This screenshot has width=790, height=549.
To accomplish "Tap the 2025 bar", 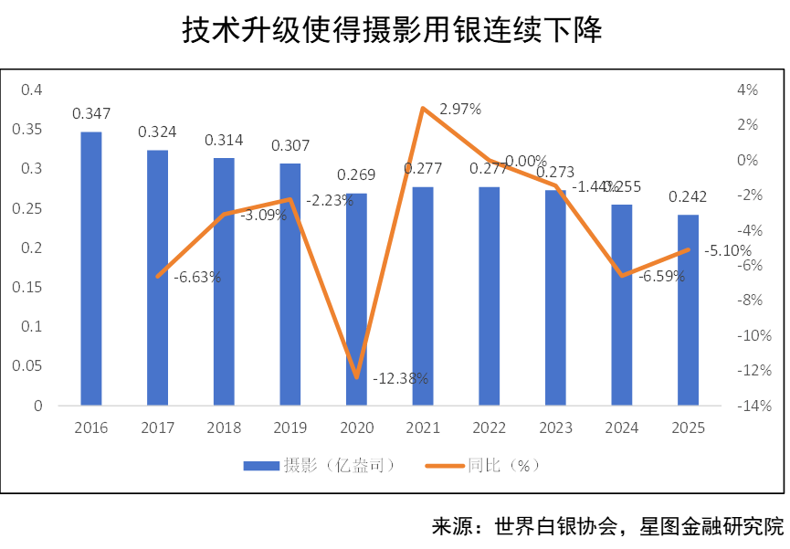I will [688, 310].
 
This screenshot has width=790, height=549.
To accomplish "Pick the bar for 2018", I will [224, 281].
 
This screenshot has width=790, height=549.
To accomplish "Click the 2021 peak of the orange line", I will [423, 108].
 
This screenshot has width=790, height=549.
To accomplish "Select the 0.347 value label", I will [91, 114].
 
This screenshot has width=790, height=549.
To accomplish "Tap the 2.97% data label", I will [461, 109].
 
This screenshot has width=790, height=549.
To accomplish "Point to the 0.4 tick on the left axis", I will [32, 90].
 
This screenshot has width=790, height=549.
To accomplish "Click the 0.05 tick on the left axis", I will [27, 366].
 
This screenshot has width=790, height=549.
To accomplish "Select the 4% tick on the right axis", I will [748, 90].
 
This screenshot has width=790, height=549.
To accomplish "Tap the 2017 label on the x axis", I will [157, 427].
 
